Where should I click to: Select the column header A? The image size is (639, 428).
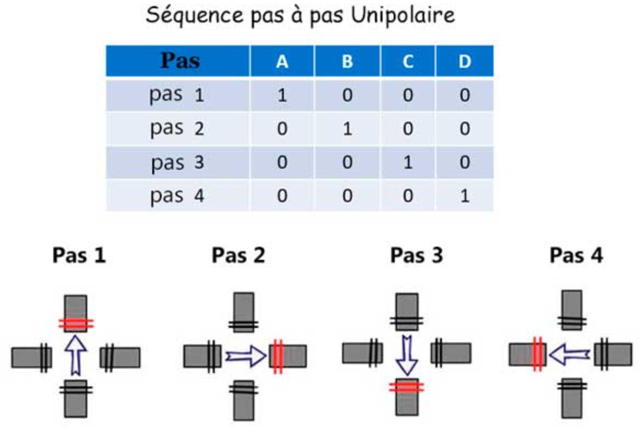tap(282, 62)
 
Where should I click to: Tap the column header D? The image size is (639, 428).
tap(464, 62)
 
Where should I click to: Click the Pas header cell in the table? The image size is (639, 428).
tap(180, 61)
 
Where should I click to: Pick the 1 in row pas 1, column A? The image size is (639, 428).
tap(282, 95)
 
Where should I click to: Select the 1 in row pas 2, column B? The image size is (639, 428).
tap(347, 129)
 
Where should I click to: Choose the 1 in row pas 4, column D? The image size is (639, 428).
tap(464, 196)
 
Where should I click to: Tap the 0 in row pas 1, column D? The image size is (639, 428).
tap(464, 95)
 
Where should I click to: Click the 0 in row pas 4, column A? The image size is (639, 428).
tap(282, 196)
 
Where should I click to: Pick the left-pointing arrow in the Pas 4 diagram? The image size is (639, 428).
tap(569, 356)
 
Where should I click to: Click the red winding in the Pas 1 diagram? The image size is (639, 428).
tap(76, 324)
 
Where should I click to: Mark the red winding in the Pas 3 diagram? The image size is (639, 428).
tap(407, 387)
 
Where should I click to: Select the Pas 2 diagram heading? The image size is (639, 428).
tap(238, 255)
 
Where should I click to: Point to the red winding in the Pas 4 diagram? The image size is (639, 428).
tap(537, 354)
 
